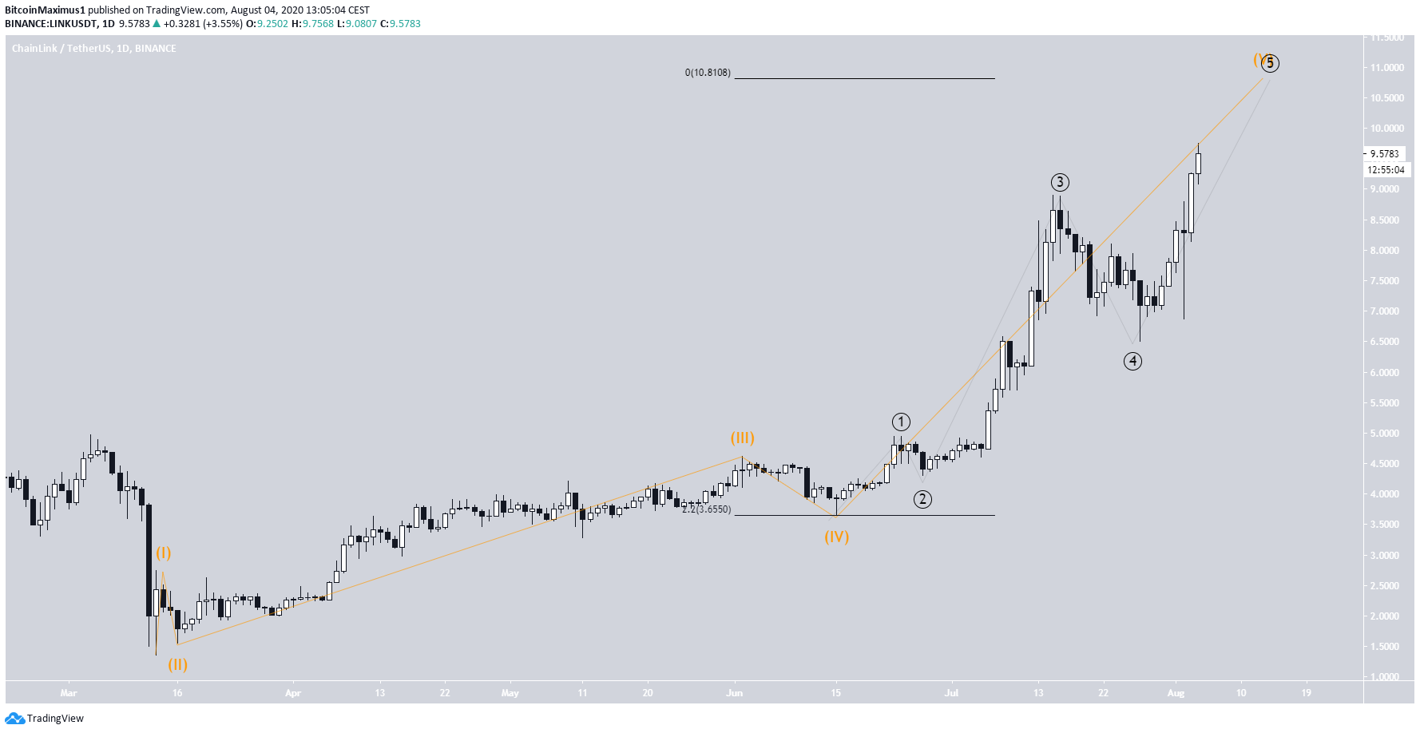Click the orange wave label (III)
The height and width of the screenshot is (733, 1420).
click(x=742, y=438)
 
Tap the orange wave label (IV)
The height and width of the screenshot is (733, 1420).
click(x=836, y=537)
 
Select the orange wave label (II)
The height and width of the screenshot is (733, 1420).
click(x=177, y=664)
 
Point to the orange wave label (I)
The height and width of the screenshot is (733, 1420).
click(x=163, y=553)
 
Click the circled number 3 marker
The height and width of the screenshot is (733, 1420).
click(x=1059, y=182)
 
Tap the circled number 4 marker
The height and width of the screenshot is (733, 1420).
click(x=1132, y=361)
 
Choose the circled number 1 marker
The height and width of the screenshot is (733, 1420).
click(x=900, y=422)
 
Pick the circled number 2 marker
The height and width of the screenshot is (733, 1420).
click(x=922, y=499)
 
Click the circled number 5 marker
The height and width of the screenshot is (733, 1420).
click(x=1270, y=63)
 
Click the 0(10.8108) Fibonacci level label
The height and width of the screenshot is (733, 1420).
click(x=708, y=73)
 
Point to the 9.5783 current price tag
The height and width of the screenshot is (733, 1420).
click(x=1384, y=153)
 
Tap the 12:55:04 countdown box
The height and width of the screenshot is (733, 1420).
click(x=1386, y=169)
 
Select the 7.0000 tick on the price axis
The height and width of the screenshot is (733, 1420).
click(x=1385, y=311)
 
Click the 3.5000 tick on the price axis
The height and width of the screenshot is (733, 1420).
click(x=1385, y=525)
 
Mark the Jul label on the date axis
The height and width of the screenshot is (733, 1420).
click(x=951, y=693)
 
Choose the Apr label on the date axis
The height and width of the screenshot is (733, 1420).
click(x=293, y=693)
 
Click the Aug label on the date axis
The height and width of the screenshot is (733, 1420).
click(x=1176, y=693)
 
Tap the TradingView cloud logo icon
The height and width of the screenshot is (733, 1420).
click(x=14, y=718)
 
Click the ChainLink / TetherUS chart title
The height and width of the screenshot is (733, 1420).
click(x=93, y=49)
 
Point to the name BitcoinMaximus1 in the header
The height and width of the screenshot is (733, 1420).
click(x=45, y=10)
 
